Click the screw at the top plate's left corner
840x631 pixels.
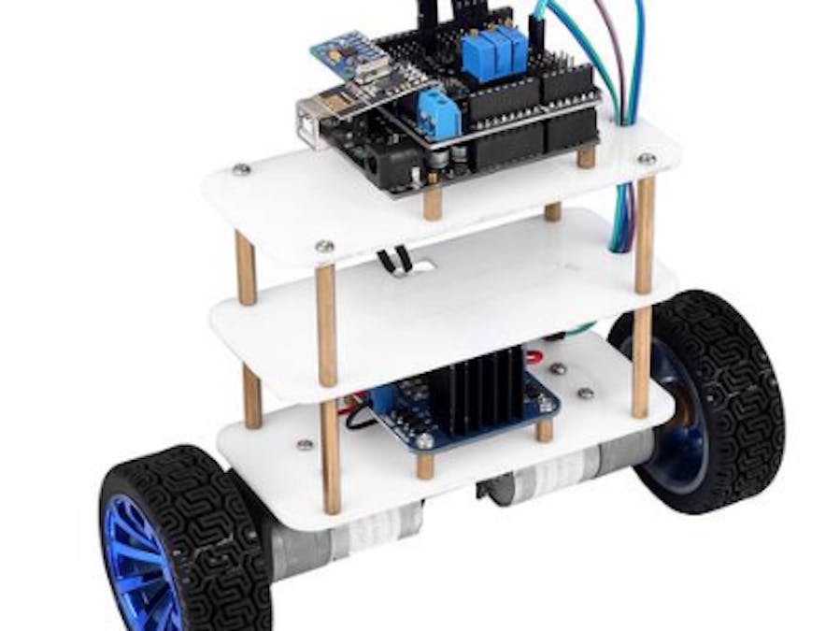click(242, 169)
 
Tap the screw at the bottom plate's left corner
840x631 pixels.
click(305, 440)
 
